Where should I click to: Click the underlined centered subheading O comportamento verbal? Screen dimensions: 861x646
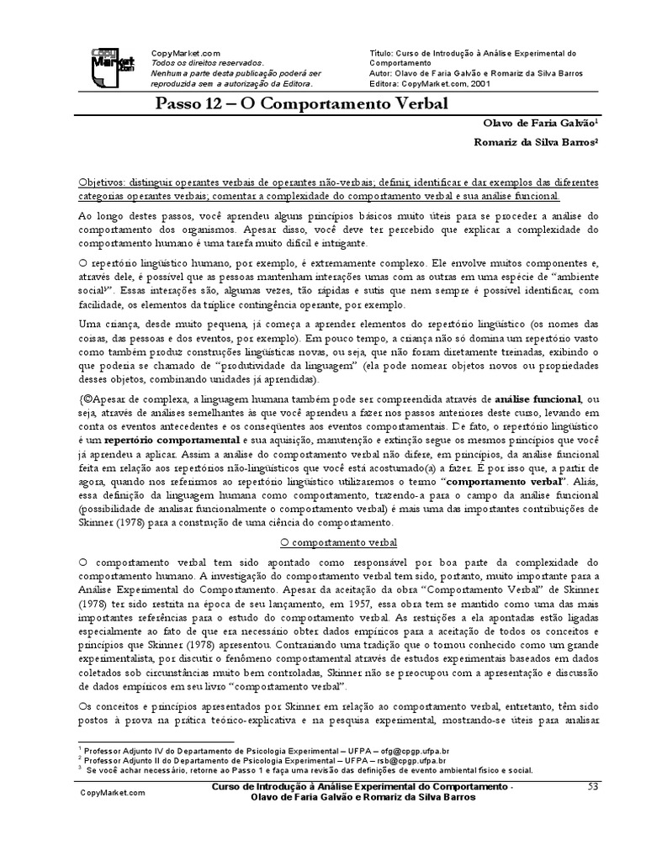pos(326,544)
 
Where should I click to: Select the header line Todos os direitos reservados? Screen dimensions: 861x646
pos(207,62)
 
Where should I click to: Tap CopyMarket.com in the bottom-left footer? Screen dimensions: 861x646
pos(113,792)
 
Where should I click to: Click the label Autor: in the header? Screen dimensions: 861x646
pos(384,73)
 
